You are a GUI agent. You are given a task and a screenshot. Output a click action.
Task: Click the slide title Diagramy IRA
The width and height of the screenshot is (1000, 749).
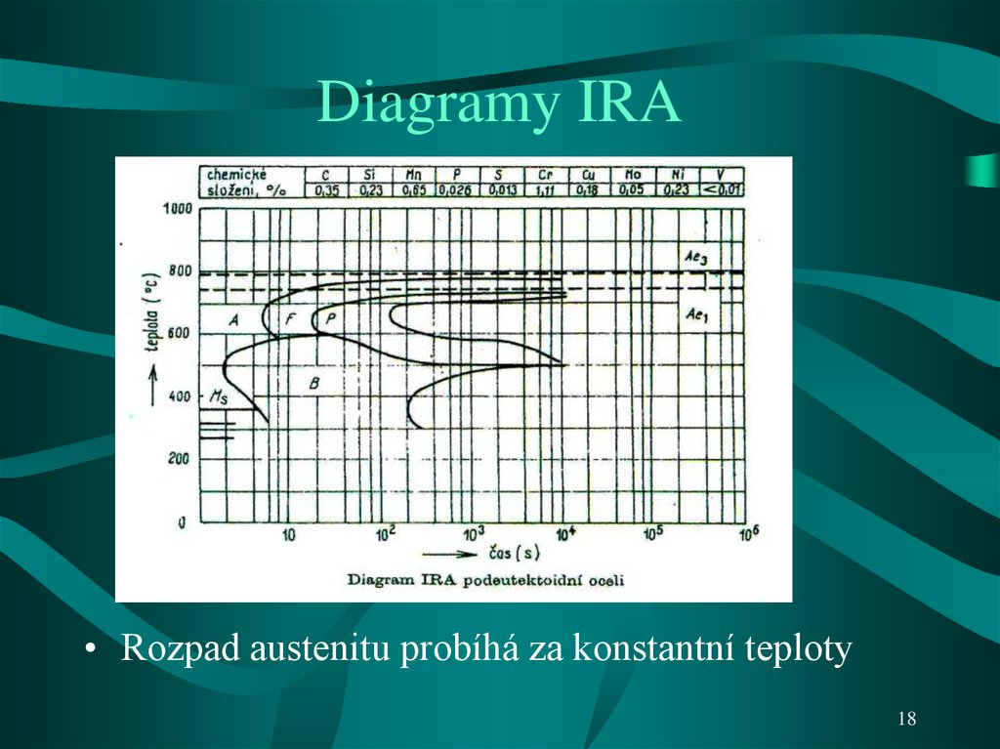[x=499, y=104]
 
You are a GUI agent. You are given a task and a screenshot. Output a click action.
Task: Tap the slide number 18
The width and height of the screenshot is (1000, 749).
[x=906, y=719]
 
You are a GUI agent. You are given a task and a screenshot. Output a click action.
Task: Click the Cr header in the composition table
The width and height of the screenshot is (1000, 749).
[x=543, y=174]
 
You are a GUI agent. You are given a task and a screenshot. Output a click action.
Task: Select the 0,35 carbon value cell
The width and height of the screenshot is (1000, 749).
[x=325, y=189]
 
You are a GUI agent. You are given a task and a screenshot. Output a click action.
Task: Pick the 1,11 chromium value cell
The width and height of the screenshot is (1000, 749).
[x=543, y=189]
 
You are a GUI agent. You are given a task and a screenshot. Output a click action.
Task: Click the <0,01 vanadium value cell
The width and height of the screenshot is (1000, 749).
[x=720, y=189]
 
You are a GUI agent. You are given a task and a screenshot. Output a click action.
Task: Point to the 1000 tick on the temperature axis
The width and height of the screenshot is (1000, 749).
[x=177, y=209]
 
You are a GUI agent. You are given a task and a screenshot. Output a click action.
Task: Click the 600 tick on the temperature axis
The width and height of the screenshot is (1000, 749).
[x=179, y=334]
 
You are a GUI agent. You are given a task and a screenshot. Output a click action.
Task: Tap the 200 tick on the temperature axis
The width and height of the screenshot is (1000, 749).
[x=179, y=459]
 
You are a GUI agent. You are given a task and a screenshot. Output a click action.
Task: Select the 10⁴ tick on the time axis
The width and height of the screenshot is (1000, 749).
[x=565, y=534]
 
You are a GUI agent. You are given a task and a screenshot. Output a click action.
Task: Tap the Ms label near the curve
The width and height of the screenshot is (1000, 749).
[x=218, y=396]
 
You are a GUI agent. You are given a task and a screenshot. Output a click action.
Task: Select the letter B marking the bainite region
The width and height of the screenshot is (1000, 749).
[x=313, y=382]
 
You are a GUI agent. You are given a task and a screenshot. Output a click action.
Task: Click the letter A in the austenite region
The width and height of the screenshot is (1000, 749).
[x=233, y=319]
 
